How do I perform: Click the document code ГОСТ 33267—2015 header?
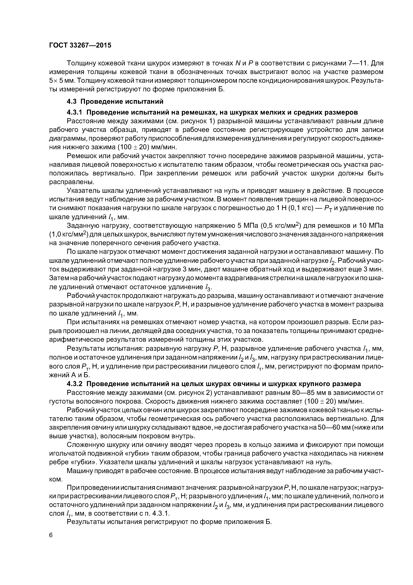tap(80, 45)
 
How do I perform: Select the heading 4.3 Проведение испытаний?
tap(115, 101)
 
